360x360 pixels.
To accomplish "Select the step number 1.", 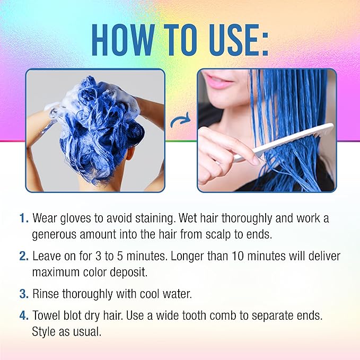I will pos(23,218).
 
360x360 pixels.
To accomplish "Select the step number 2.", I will pos(23,256).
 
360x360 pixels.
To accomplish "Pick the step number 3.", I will pos(23,293).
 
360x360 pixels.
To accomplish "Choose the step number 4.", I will pos(23,315).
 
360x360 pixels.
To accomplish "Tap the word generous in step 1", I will pos(56,234).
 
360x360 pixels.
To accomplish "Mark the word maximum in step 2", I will pos(56,271).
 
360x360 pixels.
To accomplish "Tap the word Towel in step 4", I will pos(46,315).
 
